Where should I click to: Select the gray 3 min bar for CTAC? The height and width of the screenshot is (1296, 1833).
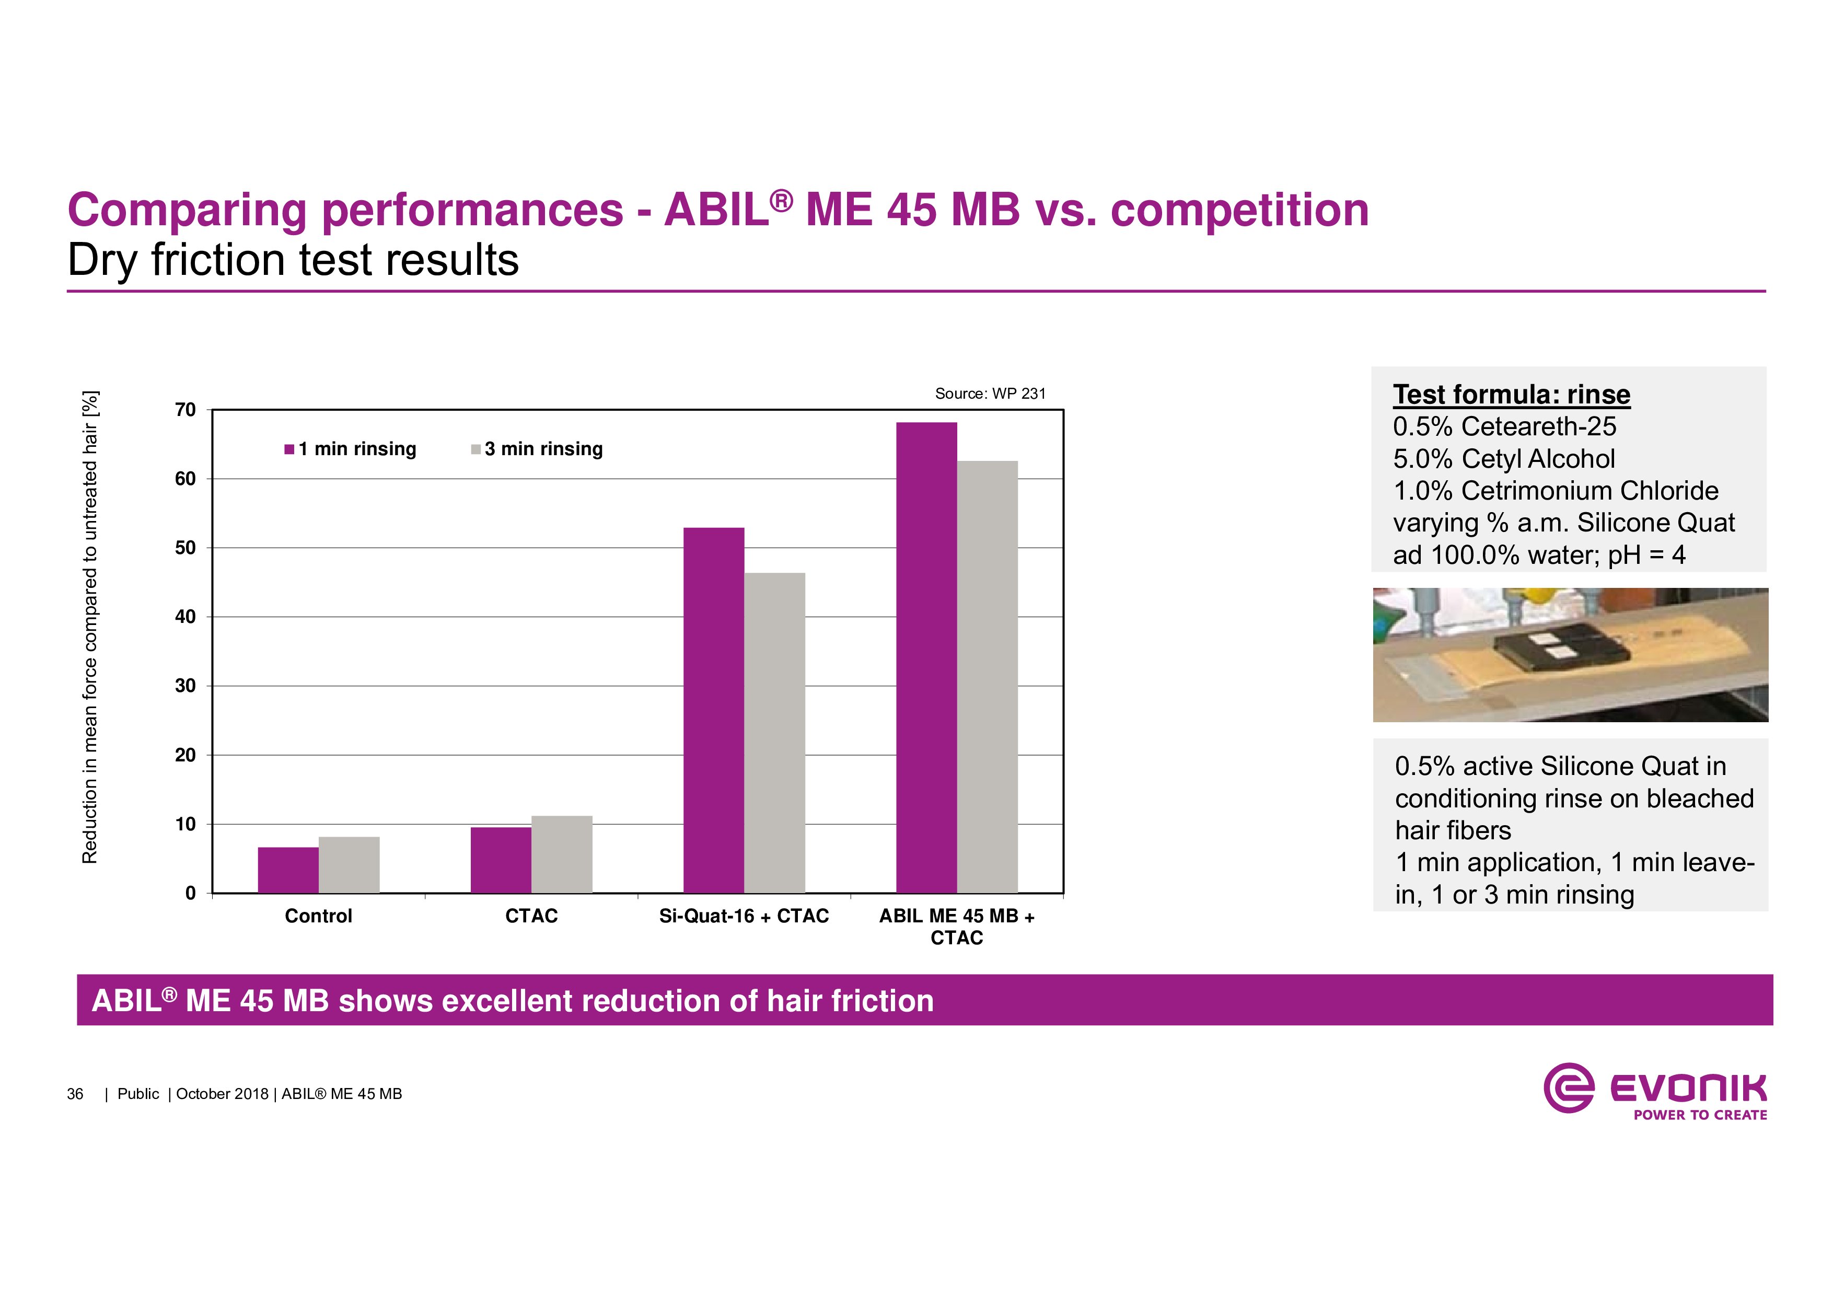point(562,854)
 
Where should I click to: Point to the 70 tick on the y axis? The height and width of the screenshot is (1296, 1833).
point(185,410)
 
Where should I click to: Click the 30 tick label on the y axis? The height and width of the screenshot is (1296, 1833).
point(185,686)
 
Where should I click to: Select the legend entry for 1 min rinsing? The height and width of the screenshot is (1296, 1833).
point(351,449)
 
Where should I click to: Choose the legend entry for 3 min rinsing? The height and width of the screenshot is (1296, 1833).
point(537,449)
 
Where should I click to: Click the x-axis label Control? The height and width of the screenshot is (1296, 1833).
point(319,916)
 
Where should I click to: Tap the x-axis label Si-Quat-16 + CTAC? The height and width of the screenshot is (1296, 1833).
point(744,916)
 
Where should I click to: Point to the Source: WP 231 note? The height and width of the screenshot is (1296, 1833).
point(990,394)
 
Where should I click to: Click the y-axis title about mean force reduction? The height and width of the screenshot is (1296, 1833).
point(90,627)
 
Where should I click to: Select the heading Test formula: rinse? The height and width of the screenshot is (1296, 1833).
point(1511,395)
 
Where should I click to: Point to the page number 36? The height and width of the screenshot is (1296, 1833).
point(75,1094)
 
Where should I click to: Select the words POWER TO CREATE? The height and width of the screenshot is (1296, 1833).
point(1700,1115)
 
